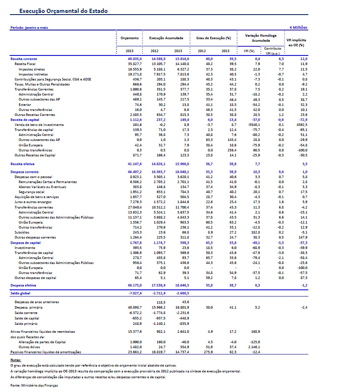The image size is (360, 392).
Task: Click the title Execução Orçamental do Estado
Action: coord(64,11)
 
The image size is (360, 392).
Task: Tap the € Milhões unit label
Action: coord(298,28)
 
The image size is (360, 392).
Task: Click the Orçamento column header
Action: coord(130,38)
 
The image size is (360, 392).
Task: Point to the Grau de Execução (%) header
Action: coord(214,38)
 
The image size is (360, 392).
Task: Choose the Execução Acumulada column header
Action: coord(166,38)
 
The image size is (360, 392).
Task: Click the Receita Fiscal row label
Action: coord(25,64)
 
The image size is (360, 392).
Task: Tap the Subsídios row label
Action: coord(22,232)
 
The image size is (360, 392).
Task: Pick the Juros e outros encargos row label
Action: coord(30,201)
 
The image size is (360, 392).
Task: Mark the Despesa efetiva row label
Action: coord(23,285)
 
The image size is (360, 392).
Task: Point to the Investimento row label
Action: coord(25,248)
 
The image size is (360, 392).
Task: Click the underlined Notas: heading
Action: coord(15,359)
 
